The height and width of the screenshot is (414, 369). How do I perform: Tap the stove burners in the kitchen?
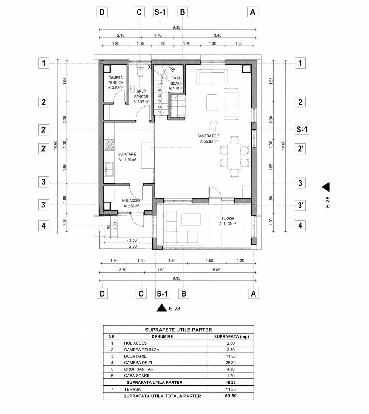click(x=109, y=145)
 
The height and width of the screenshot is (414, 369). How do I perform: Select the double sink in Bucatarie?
click(x=109, y=169)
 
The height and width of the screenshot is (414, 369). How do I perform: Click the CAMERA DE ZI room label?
click(x=209, y=136)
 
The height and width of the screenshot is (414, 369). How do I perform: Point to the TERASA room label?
click(x=228, y=218)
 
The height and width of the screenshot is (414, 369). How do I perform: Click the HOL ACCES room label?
click(x=131, y=201)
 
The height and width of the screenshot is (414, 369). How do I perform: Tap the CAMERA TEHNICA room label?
click(x=116, y=80)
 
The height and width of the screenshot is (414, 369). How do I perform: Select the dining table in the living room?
click(x=234, y=156)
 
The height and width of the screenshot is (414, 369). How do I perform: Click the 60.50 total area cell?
click(x=231, y=396)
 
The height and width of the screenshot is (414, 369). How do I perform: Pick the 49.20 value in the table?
click(x=231, y=382)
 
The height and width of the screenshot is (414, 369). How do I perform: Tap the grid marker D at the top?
click(x=102, y=12)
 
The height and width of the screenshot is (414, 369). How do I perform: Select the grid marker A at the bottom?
click(x=253, y=294)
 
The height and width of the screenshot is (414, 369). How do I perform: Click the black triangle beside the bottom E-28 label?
click(x=162, y=308)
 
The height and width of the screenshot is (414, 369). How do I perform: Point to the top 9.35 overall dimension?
click(x=177, y=27)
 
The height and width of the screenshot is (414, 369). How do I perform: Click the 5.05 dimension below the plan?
click(x=216, y=270)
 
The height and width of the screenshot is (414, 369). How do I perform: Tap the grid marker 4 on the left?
click(x=44, y=226)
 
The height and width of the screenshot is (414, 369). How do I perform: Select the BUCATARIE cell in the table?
click(x=135, y=356)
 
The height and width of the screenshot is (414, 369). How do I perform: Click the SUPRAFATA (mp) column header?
click(x=231, y=337)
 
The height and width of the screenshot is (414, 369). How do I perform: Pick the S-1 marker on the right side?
click(x=302, y=129)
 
